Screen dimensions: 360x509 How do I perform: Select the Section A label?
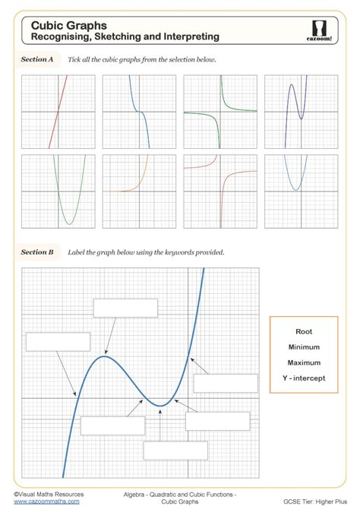(x=37, y=59)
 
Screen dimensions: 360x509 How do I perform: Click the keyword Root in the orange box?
(x=304, y=332)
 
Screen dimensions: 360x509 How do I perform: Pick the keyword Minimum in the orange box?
(x=304, y=347)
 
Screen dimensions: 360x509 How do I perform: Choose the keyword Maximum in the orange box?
(x=304, y=362)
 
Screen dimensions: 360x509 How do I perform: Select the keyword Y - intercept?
(x=304, y=378)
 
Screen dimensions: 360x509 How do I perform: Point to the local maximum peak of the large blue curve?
(x=105, y=356)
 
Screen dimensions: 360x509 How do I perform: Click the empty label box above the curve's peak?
(x=125, y=308)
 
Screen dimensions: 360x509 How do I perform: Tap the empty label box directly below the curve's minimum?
(x=175, y=450)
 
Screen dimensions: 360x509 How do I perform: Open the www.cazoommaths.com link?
(x=46, y=501)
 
